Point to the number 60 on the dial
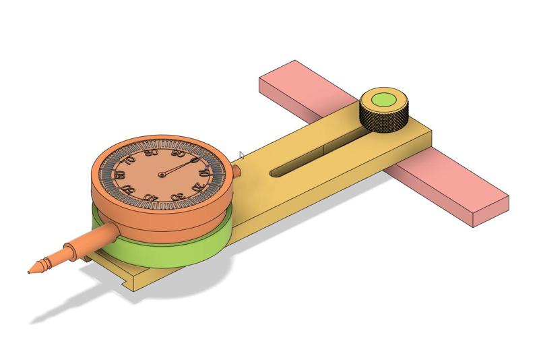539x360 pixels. pos(120,176)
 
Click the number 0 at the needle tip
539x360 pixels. pos(195,161)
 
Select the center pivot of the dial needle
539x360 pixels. pos(162,175)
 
